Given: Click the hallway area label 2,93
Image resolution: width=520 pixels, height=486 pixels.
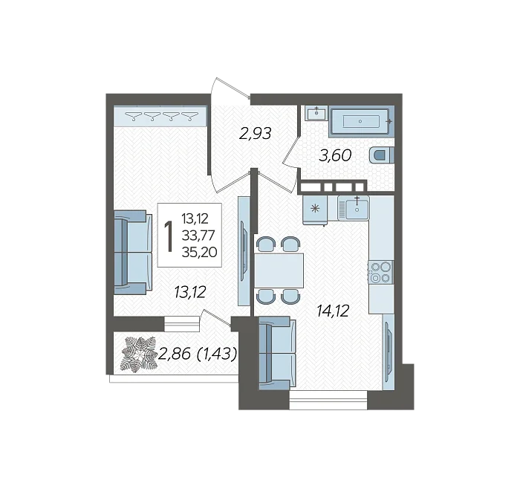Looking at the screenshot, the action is point(256,133).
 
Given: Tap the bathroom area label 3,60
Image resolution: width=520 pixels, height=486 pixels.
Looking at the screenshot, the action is point(335,155).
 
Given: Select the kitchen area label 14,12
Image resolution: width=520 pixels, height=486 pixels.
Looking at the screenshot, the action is point(333,311).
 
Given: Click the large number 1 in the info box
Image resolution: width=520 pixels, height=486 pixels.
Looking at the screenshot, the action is point(169,236).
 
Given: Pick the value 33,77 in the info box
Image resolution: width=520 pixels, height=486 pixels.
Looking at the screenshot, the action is point(198,236).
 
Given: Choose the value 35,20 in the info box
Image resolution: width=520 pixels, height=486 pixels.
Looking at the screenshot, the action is point(199,253).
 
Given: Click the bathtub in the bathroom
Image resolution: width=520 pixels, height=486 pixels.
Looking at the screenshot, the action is point(362,121).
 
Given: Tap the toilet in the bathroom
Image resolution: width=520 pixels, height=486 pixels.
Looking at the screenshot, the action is point(382,155).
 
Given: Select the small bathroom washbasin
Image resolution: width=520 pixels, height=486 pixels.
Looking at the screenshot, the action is point(316,114).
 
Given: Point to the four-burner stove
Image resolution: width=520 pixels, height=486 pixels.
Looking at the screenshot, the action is point(380,273).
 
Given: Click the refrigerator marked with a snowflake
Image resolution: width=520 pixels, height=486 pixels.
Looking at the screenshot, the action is point(315,210).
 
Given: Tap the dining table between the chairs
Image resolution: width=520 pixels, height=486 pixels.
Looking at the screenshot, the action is point(279,270).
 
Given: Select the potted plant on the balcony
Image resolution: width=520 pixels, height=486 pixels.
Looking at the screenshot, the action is point(139,354).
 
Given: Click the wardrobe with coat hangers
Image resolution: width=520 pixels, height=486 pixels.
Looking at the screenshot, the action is point(160,116).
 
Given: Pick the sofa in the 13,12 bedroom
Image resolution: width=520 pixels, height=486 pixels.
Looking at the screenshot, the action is point(133,253).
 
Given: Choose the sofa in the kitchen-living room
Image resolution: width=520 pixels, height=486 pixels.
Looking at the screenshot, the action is point(278,353).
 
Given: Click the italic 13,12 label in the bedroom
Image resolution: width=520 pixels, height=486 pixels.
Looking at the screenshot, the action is point(190,292).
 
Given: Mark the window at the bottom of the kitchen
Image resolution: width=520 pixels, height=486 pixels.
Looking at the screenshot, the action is point(328,400).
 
